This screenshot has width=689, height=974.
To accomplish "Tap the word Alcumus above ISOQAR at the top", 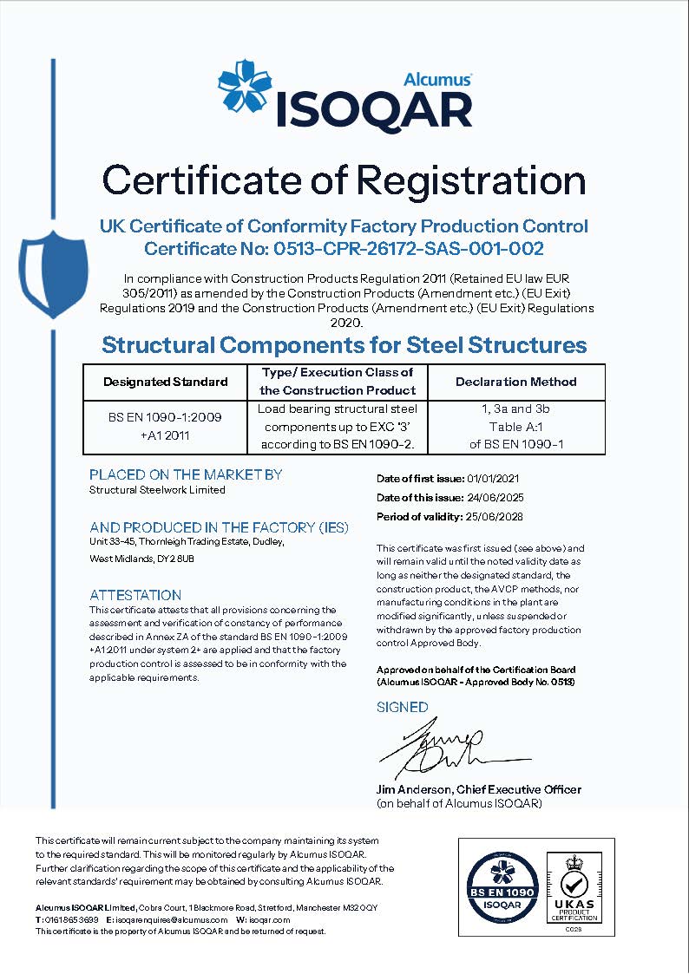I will pyautogui.click(x=437, y=79).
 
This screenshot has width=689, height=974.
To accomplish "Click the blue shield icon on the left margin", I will pyautogui.click(x=53, y=274).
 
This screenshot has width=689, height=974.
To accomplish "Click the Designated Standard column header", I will pyautogui.click(x=165, y=382).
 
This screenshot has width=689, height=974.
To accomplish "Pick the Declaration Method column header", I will pyautogui.click(x=515, y=382).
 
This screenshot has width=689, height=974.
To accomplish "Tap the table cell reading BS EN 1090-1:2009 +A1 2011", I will pyautogui.click(x=165, y=426).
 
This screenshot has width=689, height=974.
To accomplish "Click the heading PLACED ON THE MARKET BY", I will pyautogui.click(x=186, y=474).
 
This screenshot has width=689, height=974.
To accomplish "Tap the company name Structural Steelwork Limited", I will pyautogui.click(x=157, y=490).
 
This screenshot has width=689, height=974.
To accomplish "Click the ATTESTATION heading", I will pyautogui.click(x=135, y=595).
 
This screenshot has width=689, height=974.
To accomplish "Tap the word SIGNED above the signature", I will pyautogui.click(x=402, y=707).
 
